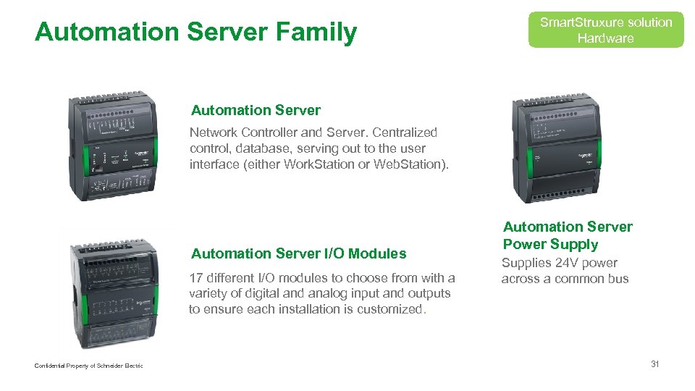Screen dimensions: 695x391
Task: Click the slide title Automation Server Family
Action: pos(195,32)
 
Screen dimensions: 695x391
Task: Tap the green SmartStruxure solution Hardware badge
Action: pos(605,30)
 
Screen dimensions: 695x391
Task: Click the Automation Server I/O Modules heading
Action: pos(298,253)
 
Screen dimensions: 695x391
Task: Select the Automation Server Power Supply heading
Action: pos(567,235)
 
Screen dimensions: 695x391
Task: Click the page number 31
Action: pos(654,364)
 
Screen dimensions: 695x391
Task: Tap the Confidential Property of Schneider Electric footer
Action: pos(88,366)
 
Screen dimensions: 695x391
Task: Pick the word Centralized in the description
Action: pos(405,133)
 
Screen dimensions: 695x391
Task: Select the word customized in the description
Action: pos(392,309)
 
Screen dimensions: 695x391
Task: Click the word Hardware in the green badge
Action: pos(605,38)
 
